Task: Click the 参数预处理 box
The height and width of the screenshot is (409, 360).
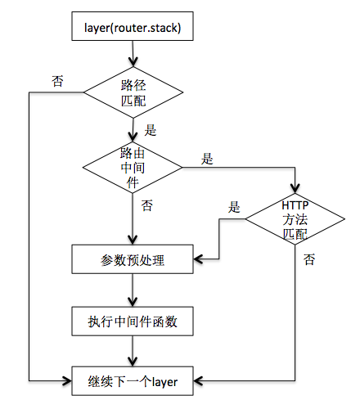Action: (x=132, y=260)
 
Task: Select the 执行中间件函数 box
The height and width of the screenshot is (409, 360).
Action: (x=132, y=321)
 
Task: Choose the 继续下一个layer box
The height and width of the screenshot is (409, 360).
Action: (x=132, y=380)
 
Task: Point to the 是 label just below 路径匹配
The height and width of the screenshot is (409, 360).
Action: (x=150, y=128)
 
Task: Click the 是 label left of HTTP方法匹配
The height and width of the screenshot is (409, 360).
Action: (x=236, y=206)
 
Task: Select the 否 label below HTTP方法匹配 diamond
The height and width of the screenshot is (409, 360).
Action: (x=308, y=259)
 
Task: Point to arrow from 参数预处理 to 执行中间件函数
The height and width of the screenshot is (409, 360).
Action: (x=132, y=290)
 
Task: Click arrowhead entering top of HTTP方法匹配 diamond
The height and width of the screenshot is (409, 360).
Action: (x=295, y=186)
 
